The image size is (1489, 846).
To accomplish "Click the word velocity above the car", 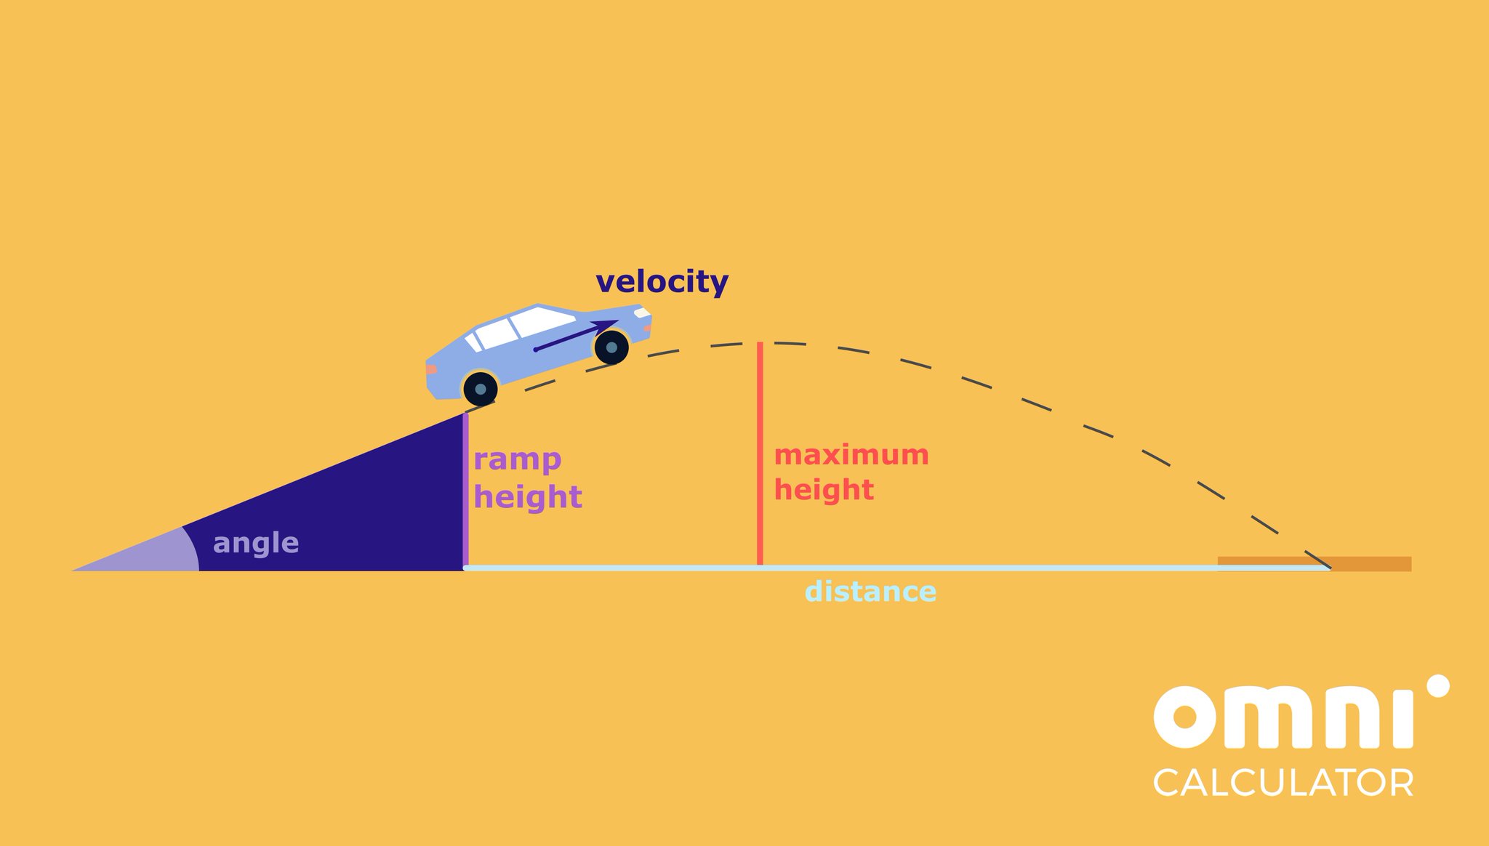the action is (662, 282).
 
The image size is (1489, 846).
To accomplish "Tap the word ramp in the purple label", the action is (517, 459).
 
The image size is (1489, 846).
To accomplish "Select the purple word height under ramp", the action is (528, 497).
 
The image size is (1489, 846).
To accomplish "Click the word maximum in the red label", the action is (851, 455).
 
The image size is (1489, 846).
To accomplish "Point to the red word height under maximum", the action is (824, 490).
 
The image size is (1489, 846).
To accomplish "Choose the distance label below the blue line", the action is (870, 592).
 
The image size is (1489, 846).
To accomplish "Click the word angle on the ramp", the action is (256, 543).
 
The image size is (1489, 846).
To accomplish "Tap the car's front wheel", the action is (611, 347).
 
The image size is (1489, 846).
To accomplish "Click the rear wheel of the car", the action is (480, 389).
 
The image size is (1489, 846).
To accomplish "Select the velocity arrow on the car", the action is (574, 336).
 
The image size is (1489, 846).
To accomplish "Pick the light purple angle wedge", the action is (160, 556).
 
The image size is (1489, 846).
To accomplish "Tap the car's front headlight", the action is (642, 313).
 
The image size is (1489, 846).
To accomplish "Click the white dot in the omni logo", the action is (1437, 686).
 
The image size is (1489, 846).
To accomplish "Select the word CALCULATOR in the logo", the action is (1283, 783).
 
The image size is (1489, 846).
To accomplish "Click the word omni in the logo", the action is (1283, 717).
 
